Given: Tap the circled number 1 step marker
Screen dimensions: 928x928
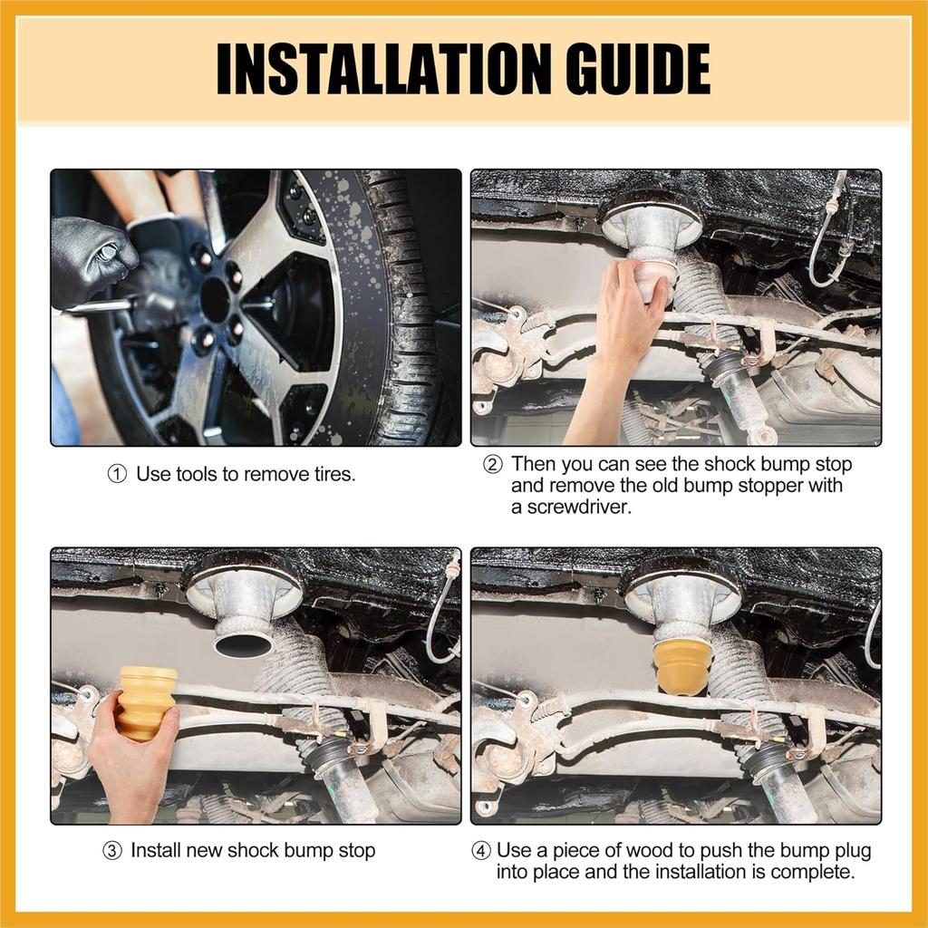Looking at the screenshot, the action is [117, 474].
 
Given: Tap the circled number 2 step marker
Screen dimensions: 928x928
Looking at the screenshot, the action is [492, 465].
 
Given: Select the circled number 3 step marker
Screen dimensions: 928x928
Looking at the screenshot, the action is [111, 851].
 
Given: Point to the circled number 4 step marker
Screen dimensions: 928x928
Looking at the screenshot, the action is [481, 851].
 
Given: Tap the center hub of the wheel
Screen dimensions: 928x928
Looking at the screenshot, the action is [215, 301].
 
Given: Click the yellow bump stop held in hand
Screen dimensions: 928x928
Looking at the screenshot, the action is [146, 703].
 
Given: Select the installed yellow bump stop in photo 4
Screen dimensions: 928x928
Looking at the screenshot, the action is [682, 666].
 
